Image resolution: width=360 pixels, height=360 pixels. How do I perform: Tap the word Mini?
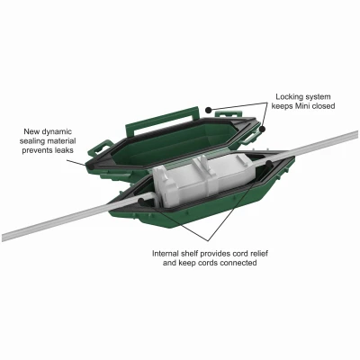[x=304, y=106]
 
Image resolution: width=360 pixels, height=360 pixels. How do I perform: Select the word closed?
[x=324, y=106]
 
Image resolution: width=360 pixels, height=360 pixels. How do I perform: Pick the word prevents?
[x=36, y=150]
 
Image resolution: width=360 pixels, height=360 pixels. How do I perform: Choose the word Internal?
[x=166, y=254]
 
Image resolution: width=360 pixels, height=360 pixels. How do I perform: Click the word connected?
[x=238, y=263]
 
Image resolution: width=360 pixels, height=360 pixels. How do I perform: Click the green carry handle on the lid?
[x=162, y=121]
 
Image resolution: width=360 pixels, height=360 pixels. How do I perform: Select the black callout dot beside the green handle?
[x=209, y=110]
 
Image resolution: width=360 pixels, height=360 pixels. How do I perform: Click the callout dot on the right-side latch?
[x=263, y=129]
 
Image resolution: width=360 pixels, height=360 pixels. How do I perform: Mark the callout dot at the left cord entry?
[x=141, y=202]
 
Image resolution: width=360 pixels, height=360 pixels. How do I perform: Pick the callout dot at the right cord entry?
[x=269, y=164]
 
